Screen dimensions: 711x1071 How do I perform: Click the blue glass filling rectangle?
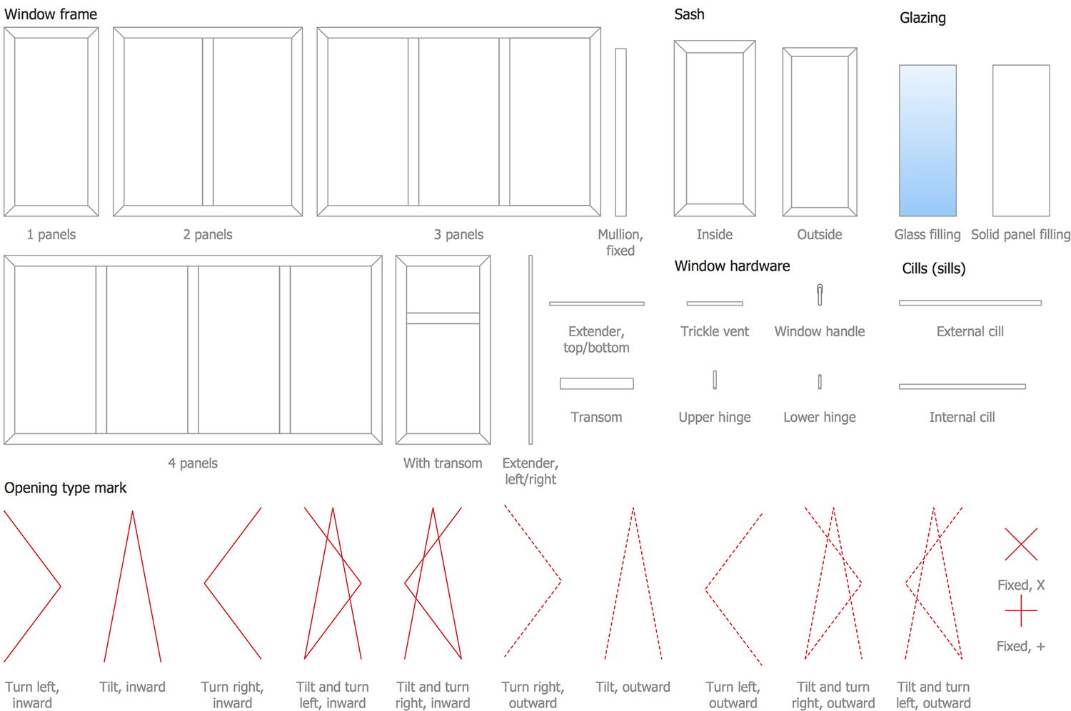click(927, 141)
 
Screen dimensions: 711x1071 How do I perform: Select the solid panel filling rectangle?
click(1021, 141)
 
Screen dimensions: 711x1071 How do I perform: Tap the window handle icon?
click(820, 294)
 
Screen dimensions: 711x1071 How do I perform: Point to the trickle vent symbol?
click(715, 303)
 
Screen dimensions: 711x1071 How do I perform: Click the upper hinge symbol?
click(715, 380)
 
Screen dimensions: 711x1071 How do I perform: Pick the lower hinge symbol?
click(820, 382)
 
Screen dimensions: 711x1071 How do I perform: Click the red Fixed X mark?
click(1021, 544)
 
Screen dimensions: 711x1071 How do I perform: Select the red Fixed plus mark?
click(1021, 611)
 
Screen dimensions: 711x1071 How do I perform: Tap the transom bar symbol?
click(596, 383)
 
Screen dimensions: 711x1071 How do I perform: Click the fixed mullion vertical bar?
click(620, 132)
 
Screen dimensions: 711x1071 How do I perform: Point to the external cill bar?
click(970, 303)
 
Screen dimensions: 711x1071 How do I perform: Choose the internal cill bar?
click(962, 386)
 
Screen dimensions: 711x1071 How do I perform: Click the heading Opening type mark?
click(65, 488)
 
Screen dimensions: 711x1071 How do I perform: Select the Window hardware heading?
click(732, 266)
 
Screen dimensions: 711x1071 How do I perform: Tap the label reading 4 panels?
click(193, 463)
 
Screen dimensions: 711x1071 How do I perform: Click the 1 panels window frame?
click(51, 121)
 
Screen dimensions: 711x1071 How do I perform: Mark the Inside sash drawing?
click(715, 128)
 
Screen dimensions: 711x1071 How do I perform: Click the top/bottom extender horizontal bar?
click(596, 303)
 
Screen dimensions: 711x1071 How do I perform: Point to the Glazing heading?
click(922, 18)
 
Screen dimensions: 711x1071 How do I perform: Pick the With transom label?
click(443, 463)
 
